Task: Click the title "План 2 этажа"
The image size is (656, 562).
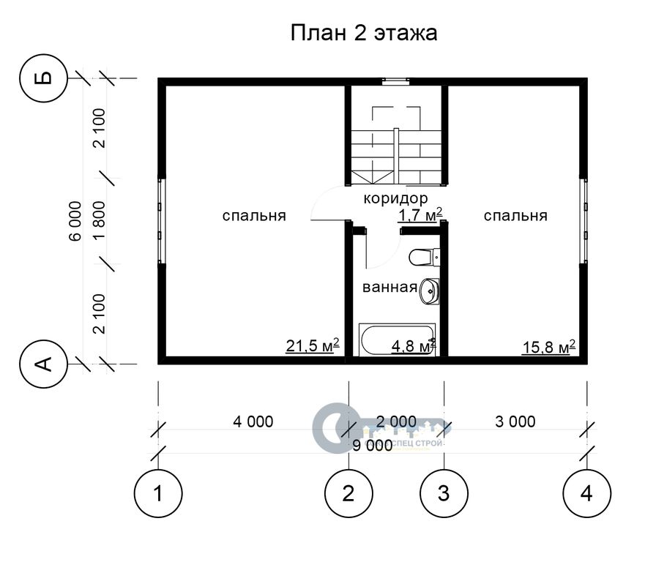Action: (364, 33)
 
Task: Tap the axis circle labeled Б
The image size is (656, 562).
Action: (43, 78)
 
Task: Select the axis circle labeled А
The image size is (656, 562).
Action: (43, 364)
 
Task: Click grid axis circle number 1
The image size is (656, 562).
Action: (158, 493)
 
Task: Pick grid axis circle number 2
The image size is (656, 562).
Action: (348, 493)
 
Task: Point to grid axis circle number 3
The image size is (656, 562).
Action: (444, 493)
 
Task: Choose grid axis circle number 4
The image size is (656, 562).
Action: (586, 493)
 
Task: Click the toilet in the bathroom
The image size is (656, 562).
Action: (424, 257)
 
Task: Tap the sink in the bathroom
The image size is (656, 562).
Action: (429, 291)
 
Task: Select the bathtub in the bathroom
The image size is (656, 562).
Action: (397, 340)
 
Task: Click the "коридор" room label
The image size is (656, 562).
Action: (395, 198)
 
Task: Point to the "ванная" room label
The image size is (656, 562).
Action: (390, 288)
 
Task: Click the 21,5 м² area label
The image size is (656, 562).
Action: (312, 346)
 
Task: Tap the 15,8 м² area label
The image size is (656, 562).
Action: (549, 347)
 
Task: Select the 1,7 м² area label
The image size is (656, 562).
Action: (420, 215)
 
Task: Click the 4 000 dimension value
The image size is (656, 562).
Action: (253, 421)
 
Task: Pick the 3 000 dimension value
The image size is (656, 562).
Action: (515, 421)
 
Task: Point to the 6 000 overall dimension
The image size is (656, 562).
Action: (75, 221)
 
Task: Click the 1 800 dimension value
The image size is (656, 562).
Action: (100, 220)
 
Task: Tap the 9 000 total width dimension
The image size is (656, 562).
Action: (373, 446)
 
